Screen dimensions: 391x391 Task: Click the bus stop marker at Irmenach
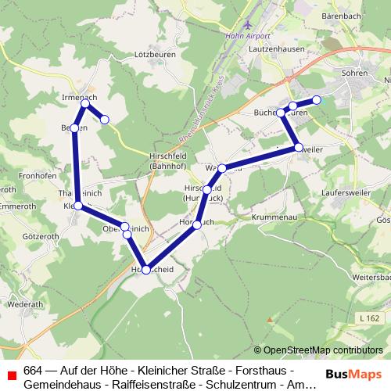84,102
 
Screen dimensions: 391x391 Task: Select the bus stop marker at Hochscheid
145,269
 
